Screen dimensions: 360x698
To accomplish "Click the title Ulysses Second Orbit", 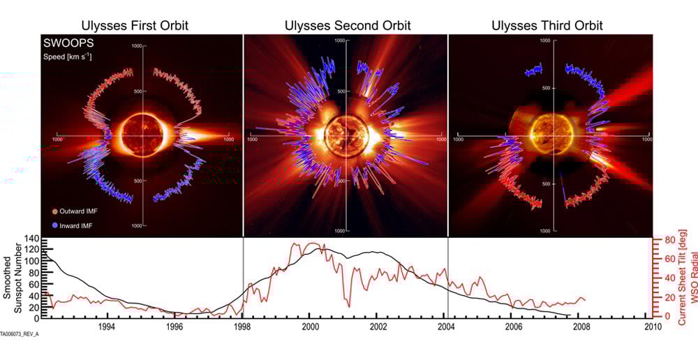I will click(x=348, y=26).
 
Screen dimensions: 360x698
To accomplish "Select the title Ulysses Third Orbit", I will click(x=547, y=26).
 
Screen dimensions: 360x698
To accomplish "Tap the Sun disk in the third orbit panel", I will click(x=549, y=133).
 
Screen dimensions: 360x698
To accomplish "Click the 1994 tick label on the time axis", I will click(x=107, y=326).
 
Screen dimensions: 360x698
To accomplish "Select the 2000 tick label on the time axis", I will click(x=311, y=326).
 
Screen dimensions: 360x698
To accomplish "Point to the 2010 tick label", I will click(x=652, y=326).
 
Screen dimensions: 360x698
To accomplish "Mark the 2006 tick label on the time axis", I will click(x=514, y=326).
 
